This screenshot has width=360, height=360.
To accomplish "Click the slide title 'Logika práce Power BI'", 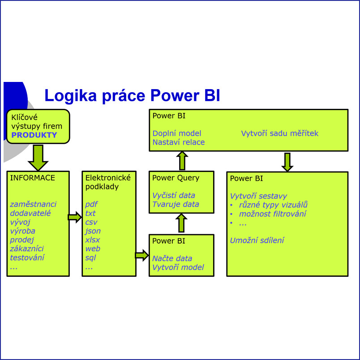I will coord(132,95).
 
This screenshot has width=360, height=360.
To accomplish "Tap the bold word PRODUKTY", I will coord(34,135).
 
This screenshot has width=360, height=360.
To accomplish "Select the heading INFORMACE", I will coord(32,178).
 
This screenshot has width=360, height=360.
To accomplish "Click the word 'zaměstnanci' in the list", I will coord(33,204).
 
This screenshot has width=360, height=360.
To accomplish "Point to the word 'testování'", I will coord(27,257).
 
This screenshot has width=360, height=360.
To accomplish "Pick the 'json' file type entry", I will coord(93,231).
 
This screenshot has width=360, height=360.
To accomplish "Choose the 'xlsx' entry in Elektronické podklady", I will coord(93,240).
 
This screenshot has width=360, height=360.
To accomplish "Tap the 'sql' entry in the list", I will coord(90,257).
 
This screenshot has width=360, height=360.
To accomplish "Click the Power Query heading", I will coord(176,178).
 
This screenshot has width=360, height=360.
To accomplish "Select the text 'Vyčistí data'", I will coord(173,195).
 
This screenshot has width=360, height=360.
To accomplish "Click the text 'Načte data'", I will coord(172,258).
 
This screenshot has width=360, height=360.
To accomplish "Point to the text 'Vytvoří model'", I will coord(178,267).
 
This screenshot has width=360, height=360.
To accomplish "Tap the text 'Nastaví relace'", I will coord(178,142).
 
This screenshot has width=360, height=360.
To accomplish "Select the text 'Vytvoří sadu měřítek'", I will coord(279,133).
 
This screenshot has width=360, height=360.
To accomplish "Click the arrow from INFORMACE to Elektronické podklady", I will coord(75,218).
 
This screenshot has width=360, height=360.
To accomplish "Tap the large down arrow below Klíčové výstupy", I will coord(38,157).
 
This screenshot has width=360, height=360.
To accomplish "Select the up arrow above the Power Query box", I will coord(182,160).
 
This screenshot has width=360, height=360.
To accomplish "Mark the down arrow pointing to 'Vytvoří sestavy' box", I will coord(287,162).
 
